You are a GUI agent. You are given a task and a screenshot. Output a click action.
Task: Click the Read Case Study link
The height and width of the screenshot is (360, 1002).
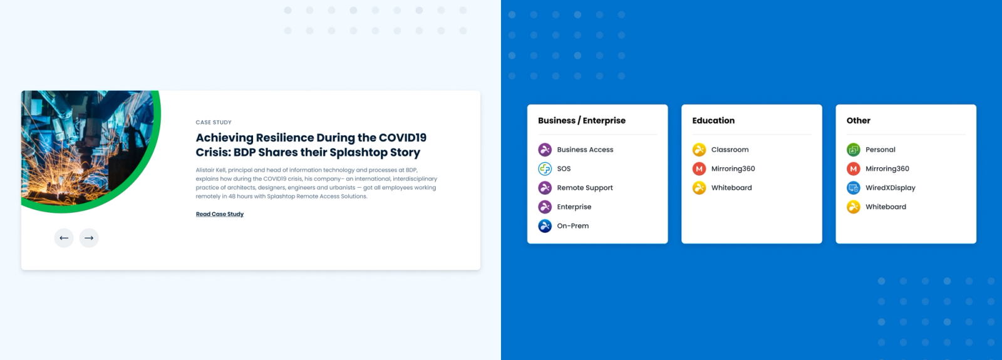pyautogui.click(x=219, y=214)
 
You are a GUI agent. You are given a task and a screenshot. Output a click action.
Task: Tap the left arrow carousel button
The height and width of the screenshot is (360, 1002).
pyautogui.click(x=64, y=238)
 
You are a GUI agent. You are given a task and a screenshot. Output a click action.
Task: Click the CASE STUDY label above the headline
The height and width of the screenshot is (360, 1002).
pyautogui.click(x=214, y=123)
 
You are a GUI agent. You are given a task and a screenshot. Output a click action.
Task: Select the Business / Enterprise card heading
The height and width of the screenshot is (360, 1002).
pyautogui.click(x=581, y=121)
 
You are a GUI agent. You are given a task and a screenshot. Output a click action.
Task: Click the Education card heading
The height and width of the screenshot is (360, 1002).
pyautogui.click(x=713, y=121)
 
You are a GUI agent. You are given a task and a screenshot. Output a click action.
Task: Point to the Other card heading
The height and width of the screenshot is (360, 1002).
pyautogui.click(x=858, y=121)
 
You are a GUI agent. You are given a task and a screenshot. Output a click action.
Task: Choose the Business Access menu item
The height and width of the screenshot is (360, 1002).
pyautogui.click(x=585, y=150)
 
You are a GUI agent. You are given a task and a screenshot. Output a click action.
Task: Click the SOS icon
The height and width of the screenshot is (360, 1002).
pyautogui.click(x=545, y=168)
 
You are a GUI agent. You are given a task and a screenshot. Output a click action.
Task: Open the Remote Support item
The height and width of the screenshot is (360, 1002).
pyautogui.click(x=584, y=188)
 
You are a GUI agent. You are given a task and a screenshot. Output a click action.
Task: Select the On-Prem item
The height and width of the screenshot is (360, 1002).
pyautogui.click(x=572, y=226)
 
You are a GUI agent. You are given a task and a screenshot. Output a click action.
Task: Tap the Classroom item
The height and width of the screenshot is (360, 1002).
pyautogui.click(x=730, y=150)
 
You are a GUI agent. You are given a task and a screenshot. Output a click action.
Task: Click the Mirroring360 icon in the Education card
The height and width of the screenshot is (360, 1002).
pyautogui.click(x=699, y=168)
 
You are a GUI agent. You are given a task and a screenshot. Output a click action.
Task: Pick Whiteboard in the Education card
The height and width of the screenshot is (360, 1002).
pyautogui.click(x=731, y=188)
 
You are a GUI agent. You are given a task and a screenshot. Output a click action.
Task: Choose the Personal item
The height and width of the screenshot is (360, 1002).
pyautogui.click(x=880, y=150)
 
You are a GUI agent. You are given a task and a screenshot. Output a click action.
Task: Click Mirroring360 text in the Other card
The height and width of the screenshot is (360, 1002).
pyautogui.click(x=887, y=168)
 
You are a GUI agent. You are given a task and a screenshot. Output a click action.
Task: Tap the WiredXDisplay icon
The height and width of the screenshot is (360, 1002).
pyautogui.click(x=853, y=188)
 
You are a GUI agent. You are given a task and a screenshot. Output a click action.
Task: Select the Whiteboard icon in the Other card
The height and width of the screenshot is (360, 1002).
pyautogui.click(x=853, y=207)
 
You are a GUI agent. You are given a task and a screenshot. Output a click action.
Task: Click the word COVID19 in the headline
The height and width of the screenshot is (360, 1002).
pyautogui.click(x=403, y=138)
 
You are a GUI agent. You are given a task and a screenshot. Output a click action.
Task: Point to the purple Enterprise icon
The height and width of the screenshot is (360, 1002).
pyautogui.click(x=545, y=207)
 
